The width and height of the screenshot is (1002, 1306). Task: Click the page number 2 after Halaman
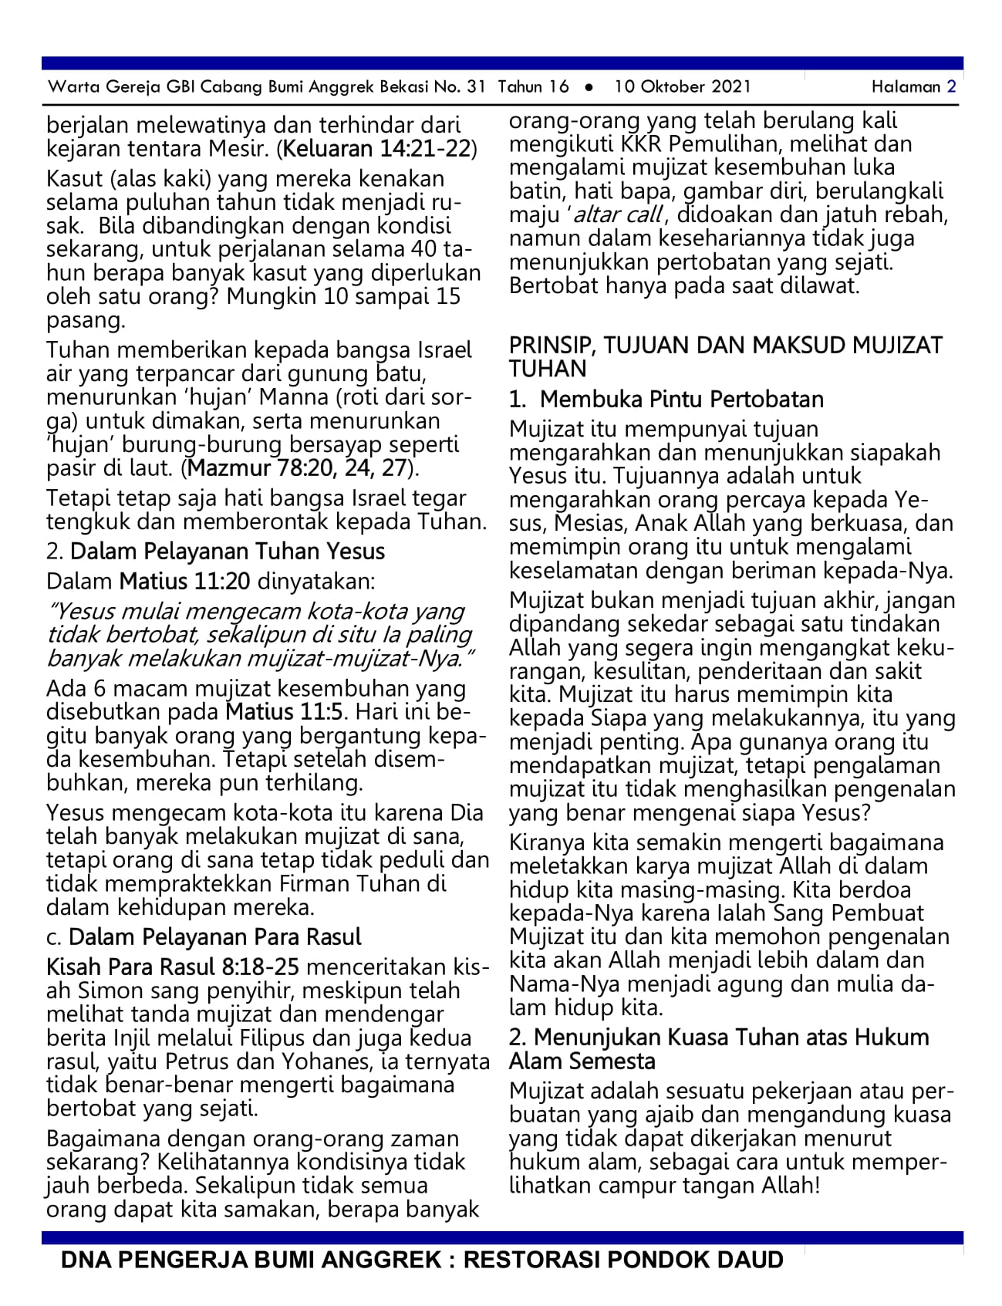951,86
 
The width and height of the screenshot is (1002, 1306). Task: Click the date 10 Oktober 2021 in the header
682,86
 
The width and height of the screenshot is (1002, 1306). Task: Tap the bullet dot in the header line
589,87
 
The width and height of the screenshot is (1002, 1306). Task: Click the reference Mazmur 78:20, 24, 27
298,467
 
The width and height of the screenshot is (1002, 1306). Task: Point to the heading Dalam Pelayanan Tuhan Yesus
227,551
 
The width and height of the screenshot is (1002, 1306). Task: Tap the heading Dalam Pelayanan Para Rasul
214,936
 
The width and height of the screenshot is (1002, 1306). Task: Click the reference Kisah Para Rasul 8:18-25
173,967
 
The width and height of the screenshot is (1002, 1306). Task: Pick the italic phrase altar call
616,214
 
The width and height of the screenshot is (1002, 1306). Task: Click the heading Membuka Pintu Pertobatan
681,399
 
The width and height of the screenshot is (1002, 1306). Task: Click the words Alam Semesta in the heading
582,1061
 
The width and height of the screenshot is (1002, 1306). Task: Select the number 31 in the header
476,86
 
